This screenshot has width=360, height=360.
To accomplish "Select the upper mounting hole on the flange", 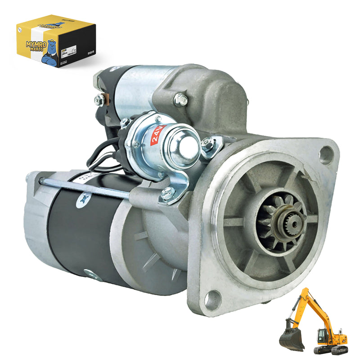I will (x=326, y=155).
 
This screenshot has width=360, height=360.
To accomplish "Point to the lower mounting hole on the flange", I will (x=212, y=297).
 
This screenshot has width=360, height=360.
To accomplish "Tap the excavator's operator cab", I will (x=324, y=335).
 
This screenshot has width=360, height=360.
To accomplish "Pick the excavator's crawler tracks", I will (x=331, y=349).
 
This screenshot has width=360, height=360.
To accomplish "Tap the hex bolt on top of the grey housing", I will (x=181, y=99).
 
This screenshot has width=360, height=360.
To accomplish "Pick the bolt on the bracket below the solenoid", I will (x=167, y=193).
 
